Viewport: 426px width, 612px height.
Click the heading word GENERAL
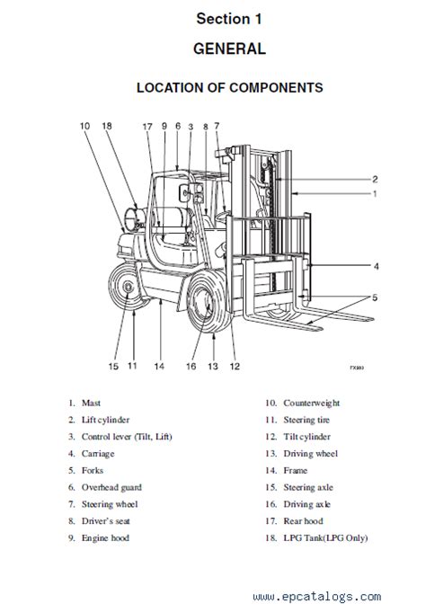click(x=229, y=49)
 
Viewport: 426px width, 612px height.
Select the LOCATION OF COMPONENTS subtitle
click(x=229, y=88)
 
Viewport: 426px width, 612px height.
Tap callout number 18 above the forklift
click(x=108, y=127)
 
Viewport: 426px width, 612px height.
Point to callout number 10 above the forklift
click(x=84, y=127)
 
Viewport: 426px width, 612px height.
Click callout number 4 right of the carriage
click(x=377, y=266)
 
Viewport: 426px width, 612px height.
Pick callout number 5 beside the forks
click(x=377, y=298)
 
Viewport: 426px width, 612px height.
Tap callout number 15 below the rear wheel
click(x=113, y=366)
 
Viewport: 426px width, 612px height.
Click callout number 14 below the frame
click(x=159, y=366)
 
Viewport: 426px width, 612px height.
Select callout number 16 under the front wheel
click(x=191, y=366)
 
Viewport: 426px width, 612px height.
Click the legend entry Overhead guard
click(x=111, y=487)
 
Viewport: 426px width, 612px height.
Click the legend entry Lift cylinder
click(x=107, y=420)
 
